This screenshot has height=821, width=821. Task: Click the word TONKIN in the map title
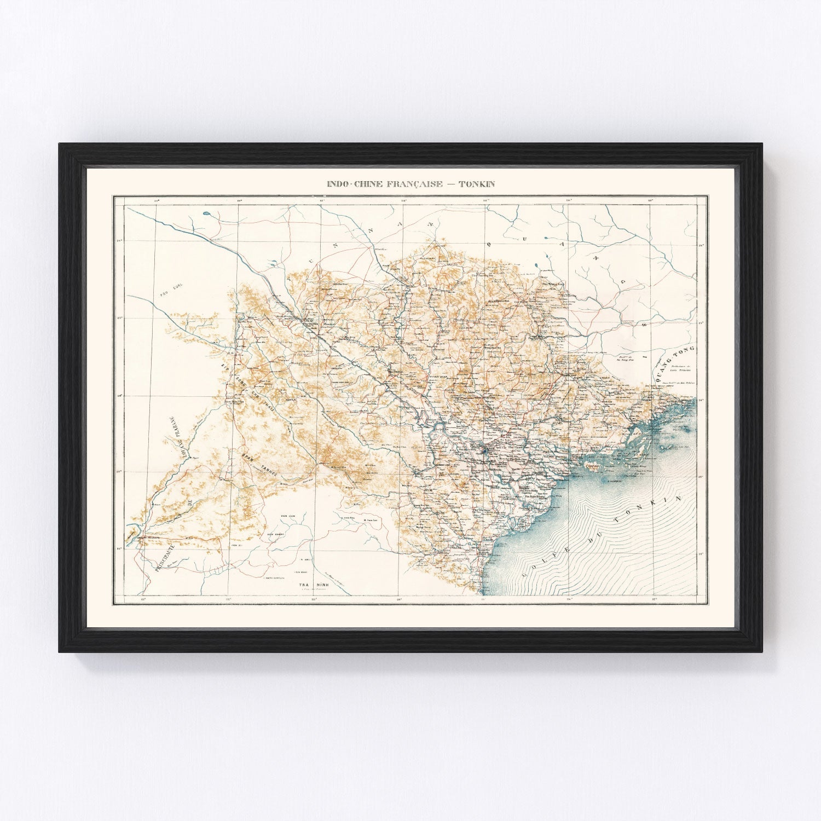click(x=477, y=184)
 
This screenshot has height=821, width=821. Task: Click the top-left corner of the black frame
click(x=60, y=144)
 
